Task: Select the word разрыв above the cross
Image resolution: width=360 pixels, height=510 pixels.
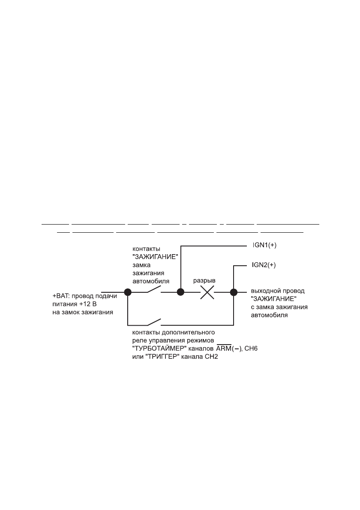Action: (x=204, y=280)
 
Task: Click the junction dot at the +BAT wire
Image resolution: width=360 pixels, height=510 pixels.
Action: (x=128, y=293)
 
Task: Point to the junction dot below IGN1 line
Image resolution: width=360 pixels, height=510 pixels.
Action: (x=181, y=293)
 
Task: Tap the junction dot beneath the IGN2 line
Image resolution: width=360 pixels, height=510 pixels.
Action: (x=234, y=293)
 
